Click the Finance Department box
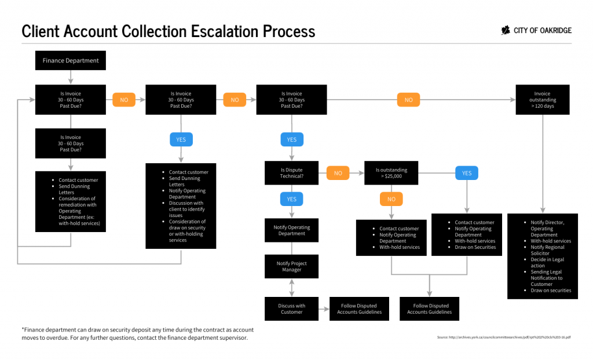point(71,60)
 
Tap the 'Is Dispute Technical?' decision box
point(291,173)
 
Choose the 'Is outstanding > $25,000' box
point(391,173)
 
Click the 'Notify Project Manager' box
point(291,266)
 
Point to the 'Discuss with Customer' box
point(291,308)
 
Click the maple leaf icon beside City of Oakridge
point(506,31)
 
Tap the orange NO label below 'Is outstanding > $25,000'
point(391,199)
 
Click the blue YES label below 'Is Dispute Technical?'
point(291,199)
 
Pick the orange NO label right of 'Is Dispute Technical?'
point(338,173)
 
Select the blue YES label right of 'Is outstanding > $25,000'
point(467,173)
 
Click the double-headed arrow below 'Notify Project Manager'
point(291,288)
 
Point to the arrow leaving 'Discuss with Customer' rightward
point(324,309)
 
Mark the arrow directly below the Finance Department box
point(71,77)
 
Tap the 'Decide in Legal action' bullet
point(547,263)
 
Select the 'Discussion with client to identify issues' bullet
point(186,209)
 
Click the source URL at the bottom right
point(504,337)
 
